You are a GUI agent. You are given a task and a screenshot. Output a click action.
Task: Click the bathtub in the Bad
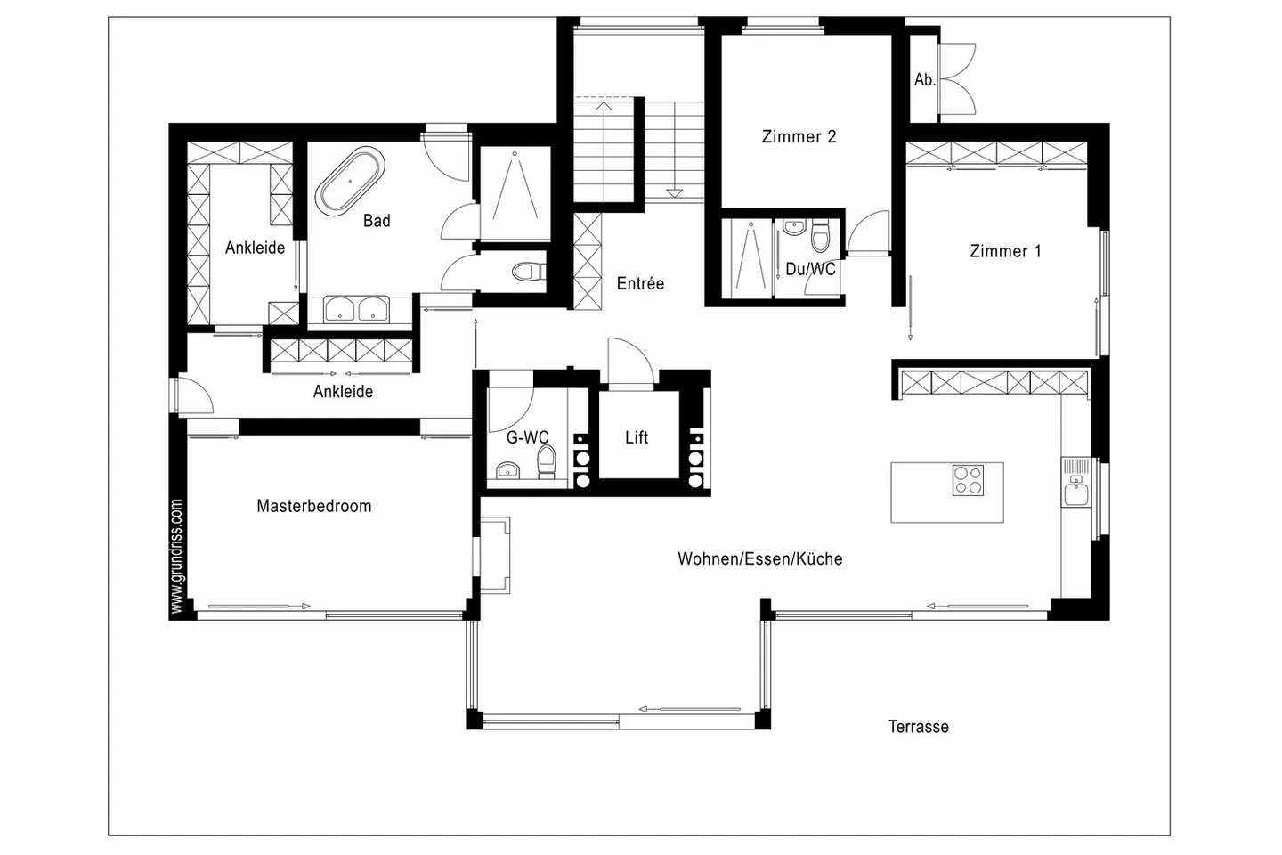click(350, 182)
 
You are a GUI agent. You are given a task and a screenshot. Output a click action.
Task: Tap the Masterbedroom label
click(313, 506)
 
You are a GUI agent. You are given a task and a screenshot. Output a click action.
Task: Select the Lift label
click(637, 437)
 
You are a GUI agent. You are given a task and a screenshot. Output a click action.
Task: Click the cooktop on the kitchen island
click(968, 481)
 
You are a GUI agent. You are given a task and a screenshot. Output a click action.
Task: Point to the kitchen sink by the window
click(1075, 491)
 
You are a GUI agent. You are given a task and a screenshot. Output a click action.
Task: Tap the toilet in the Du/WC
click(820, 236)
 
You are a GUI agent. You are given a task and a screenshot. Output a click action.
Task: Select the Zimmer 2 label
click(799, 136)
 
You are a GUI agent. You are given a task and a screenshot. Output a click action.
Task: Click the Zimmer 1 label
click(1004, 251)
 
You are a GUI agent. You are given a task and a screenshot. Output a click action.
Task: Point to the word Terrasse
click(918, 727)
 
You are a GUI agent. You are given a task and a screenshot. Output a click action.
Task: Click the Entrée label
click(640, 283)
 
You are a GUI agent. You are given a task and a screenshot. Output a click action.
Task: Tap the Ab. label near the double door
click(924, 80)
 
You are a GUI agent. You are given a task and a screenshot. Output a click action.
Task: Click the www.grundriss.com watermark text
click(176, 557)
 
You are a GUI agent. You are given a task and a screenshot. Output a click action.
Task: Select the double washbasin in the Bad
click(356, 310)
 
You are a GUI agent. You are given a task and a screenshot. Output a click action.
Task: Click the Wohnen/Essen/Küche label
click(759, 559)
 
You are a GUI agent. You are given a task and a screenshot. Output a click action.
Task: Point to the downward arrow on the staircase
click(673, 191)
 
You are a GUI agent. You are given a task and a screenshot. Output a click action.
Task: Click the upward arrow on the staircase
click(604, 106)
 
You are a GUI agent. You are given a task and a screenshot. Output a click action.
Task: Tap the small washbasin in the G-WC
click(508, 470)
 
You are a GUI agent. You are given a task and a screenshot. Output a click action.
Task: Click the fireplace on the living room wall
click(496, 556)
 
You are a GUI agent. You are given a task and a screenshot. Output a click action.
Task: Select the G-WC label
click(527, 437)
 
